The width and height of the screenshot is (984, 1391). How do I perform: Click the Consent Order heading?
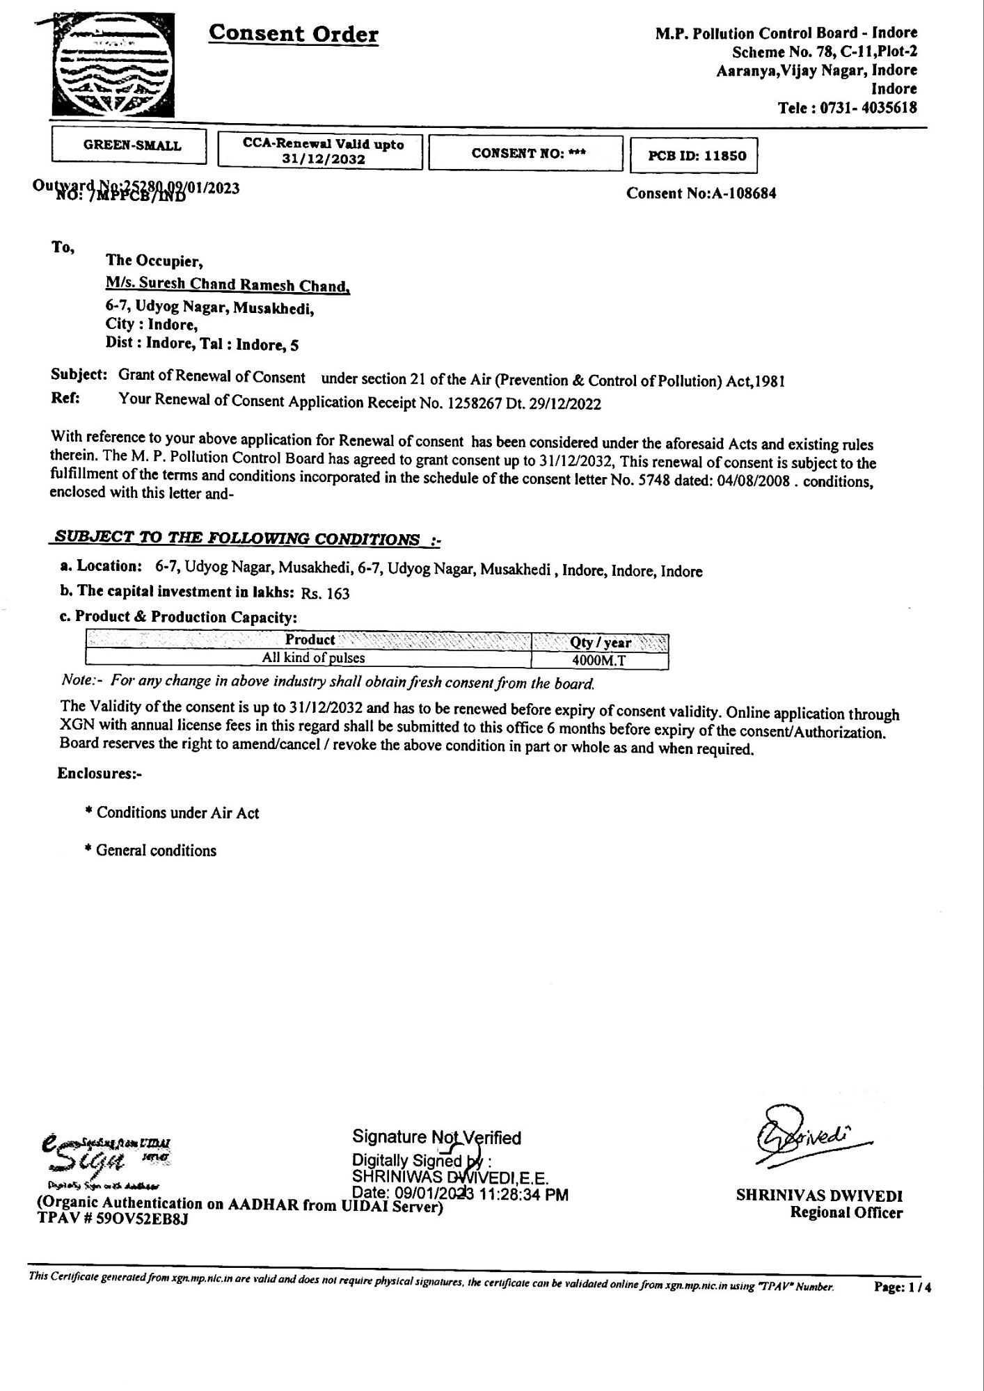coord(294,33)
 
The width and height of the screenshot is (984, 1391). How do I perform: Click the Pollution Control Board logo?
coord(113,66)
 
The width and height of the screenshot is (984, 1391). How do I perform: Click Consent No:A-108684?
coord(701,193)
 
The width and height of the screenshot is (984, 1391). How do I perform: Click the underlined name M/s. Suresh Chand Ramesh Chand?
coord(228,285)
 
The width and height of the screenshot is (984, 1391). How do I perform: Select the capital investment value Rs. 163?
coord(326,593)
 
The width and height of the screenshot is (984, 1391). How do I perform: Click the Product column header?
coord(310,640)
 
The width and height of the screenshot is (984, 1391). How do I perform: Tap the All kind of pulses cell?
coord(313,658)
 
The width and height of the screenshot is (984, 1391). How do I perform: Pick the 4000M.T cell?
coord(598,661)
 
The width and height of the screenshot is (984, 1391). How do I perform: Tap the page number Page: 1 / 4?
coord(903,1287)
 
